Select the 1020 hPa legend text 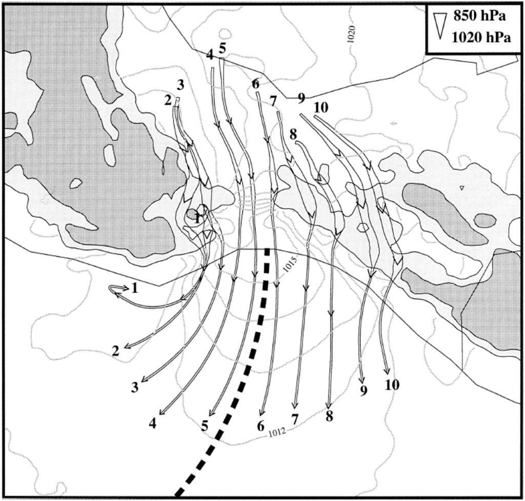pyautogui.click(x=481, y=37)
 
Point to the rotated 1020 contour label pyautogui.click(x=351, y=34)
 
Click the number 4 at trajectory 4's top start pyautogui.click(x=210, y=54)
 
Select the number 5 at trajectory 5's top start pyautogui.click(x=222, y=48)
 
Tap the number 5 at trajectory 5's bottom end pyautogui.click(x=205, y=426)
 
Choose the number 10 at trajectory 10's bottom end pyautogui.click(x=392, y=385)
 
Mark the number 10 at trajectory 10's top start pyautogui.click(x=321, y=108)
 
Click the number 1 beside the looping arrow pyautogui.click(x=135, y=288)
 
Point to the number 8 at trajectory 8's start pyautogui.click(x=293, y=135)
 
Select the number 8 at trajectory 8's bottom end pyautogui.click(x=329, y=416)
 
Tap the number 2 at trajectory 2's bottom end pyautogui.click(x=115, y=351)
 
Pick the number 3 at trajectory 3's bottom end pyautogui.click(x=135, y=388)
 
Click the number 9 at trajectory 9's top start pyautogui.click(x=301, y=98)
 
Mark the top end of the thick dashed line pyautogui.click(x=267, y=249)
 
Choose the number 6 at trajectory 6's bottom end pyautogui.click(x=261, y=426)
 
